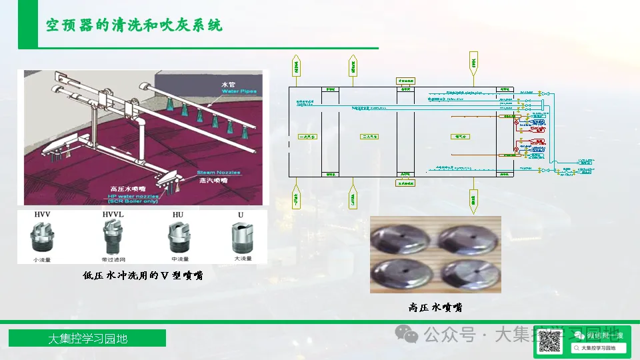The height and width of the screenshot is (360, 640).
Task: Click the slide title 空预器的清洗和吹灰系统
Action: point(134,25)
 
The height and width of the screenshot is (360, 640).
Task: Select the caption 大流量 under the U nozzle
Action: point(241,259)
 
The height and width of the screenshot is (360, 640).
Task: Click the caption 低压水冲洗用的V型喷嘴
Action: point(143,275)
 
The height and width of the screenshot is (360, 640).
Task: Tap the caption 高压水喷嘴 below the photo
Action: point(435,307)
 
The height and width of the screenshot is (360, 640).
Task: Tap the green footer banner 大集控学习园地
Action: point(87,339)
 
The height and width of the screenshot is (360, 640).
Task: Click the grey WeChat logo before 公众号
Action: point(406,333)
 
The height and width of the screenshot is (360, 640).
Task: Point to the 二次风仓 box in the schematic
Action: point(369,137)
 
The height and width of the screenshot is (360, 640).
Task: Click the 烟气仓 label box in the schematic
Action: point(459,137)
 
